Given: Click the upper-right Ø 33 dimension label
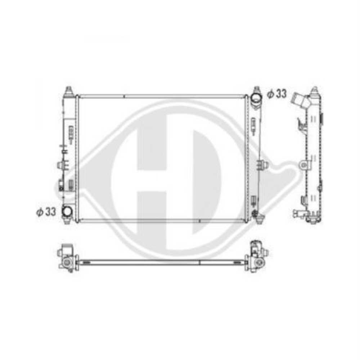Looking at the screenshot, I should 276,94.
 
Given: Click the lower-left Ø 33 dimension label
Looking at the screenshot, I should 46,212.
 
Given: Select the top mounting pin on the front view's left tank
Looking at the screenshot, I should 68,90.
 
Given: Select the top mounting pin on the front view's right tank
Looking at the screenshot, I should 257,89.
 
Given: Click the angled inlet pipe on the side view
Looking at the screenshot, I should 300,100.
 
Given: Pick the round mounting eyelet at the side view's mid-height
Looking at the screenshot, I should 305,165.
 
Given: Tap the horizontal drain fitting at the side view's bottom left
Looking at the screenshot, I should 298,213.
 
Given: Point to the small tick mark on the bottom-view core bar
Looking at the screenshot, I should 199,262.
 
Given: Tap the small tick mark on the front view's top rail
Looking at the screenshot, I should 123,96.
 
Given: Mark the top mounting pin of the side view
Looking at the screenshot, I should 314,89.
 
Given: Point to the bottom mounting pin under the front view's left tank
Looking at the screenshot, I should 67,220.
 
